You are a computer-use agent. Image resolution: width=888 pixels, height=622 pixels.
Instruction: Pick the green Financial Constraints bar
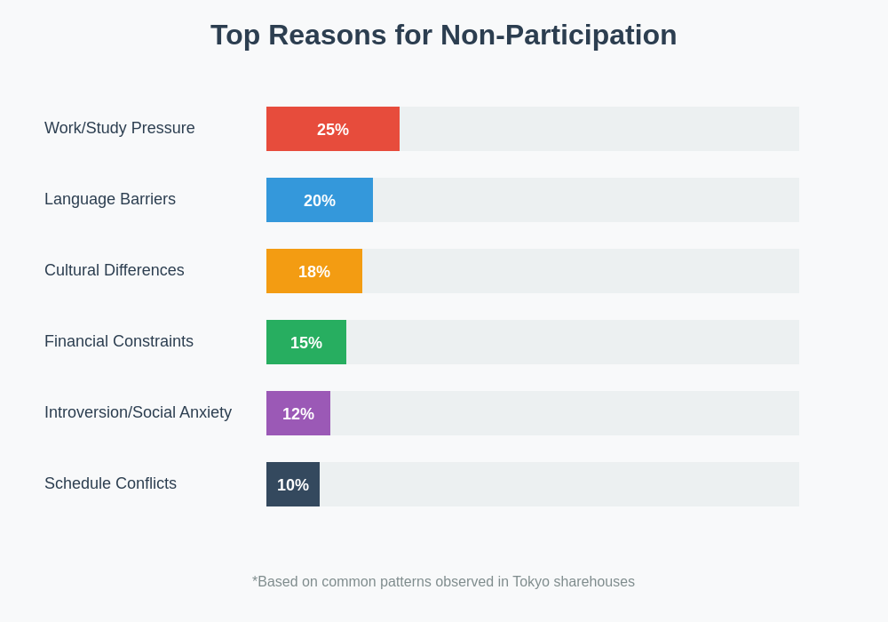click(x=277, y=342)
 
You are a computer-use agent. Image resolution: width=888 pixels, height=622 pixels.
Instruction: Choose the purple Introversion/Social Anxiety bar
click(x=274, y=413)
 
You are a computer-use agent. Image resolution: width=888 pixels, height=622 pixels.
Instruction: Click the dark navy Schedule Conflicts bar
click(x=271, y=484)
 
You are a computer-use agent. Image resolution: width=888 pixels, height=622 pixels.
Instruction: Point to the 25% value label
click(x=333, y=130)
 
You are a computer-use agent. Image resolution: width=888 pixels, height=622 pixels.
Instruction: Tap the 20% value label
click(x=320, y=201)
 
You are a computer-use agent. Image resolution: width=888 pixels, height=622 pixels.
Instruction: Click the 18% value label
click(x=314, y=272)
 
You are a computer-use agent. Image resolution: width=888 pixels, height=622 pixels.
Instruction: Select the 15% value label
click(x=306, y=343)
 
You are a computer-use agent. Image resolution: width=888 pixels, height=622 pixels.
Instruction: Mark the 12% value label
click(x=298, y=414)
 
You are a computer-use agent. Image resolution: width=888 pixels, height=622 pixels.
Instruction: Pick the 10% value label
click(x=293, y=485)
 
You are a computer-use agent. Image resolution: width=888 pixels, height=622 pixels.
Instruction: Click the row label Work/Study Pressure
click(x=120, y=128)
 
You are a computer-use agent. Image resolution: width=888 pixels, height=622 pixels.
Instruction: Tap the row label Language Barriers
click(x=110, y=199)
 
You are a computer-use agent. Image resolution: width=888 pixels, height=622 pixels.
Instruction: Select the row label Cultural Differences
click(x=115, y=270)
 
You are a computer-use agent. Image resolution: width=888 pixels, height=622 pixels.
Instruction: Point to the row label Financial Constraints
click(x=119, y=341)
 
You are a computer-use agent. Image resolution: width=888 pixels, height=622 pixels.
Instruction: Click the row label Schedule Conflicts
click(x=110, y=483)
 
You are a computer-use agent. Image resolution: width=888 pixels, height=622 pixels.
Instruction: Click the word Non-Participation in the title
click(x=559, y=36)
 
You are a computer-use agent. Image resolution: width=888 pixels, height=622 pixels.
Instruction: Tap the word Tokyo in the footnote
click(x=531, y=582)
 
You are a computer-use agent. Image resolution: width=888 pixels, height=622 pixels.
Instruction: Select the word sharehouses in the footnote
click(x=594, y=582)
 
